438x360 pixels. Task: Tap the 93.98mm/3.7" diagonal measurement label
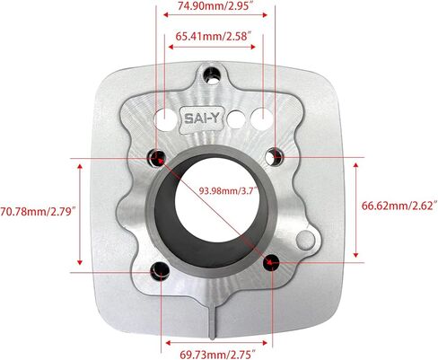pyautogui.click(x=229, y=190)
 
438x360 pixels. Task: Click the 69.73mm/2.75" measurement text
pyautogui.click(x=217, y=355)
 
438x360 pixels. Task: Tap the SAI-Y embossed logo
pyautogui.click(x=203, y=119)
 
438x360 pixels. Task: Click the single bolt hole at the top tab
pyautogui.click(x=212, y=75)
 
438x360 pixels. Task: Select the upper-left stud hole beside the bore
pyautogui.click(x=156, y=157)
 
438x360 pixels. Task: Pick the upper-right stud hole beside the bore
pyautogui.click(x=275, y=156)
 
